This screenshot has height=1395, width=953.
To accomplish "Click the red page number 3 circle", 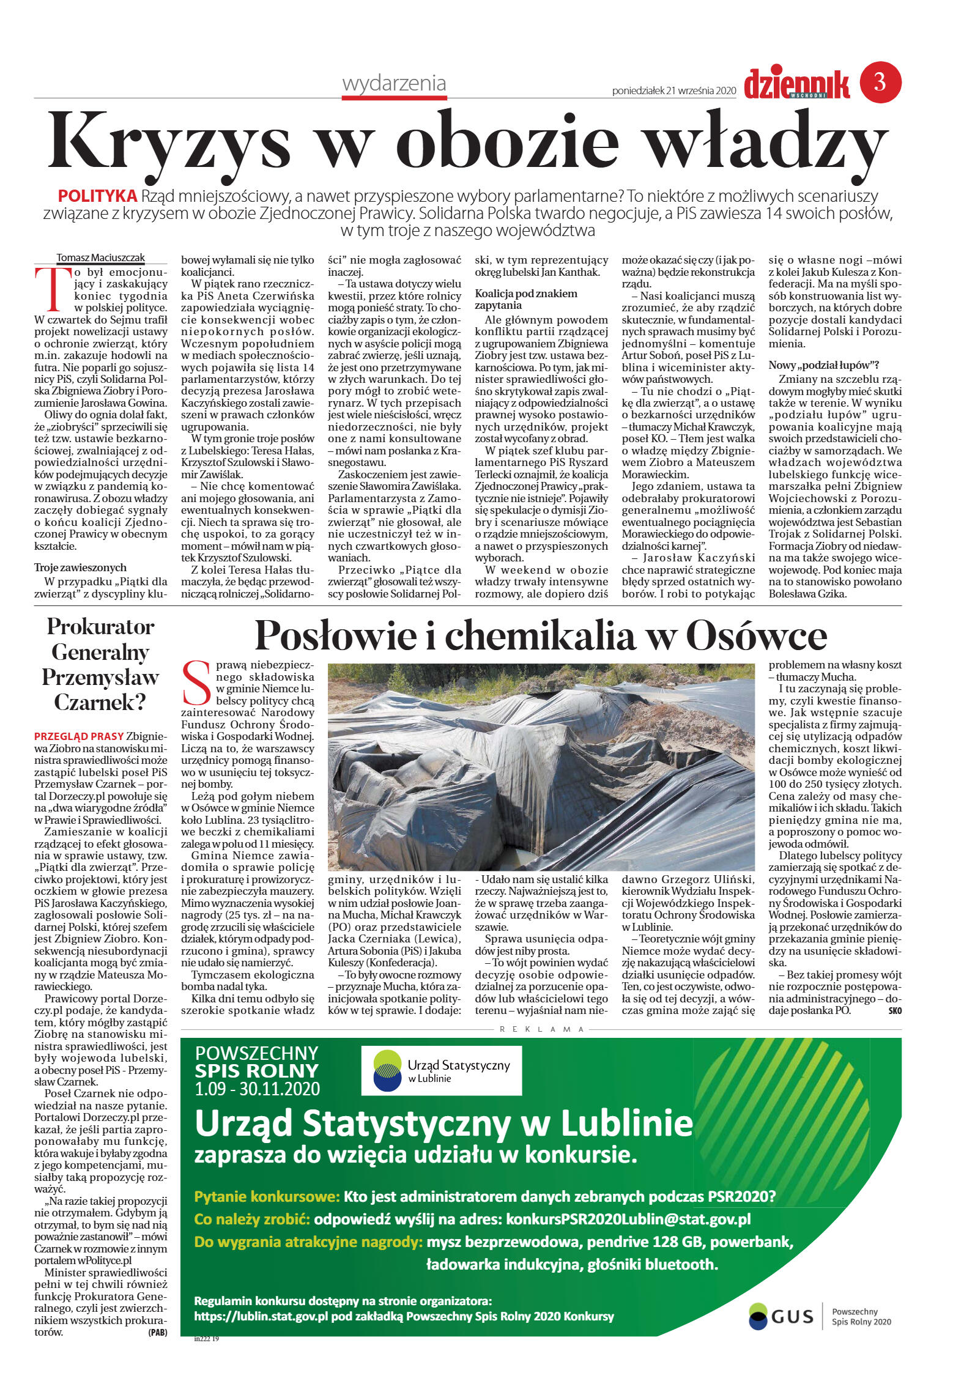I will (x=880, y=82).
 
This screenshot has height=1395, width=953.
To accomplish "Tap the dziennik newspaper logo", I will (x=796, y=84).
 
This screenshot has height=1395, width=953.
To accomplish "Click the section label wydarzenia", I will (x=394, y=84).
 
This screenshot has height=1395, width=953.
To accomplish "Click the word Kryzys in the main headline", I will (x=169, y=142).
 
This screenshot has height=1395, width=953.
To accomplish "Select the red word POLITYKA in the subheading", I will (x=97, y=196).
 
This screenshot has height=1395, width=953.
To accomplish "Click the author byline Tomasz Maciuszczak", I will (x=100, y=257).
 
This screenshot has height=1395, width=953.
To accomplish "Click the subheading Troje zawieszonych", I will (x=80, y=568).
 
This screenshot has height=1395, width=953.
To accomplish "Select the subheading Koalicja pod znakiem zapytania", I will (x=525, y=299).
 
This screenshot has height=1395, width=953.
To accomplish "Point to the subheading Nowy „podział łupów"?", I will (x=823, y=365).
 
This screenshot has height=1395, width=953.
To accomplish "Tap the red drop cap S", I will (x=197, y=683).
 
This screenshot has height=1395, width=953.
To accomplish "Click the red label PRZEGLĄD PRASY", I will (x=79, y=736).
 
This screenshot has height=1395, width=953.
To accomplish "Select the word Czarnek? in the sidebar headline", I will (x=100, y=701).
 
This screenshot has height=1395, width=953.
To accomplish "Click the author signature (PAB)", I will (x=157, y=1332).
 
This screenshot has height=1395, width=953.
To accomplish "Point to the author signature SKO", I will (x=894, y=1011).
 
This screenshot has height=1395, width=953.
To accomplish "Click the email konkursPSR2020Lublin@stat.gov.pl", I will (x=628, y=1219).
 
